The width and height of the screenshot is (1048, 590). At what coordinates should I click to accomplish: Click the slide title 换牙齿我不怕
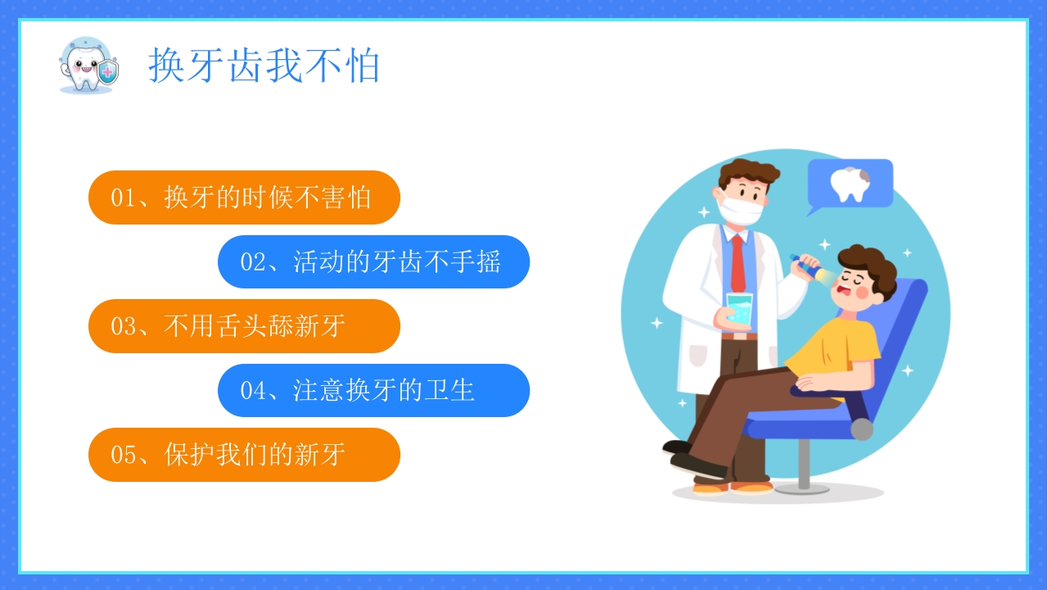click(x=264, y=66)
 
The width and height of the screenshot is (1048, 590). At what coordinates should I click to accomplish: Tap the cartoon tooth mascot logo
click(x=83, y=65)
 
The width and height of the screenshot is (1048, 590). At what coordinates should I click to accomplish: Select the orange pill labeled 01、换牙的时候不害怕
click(x=244, y=197)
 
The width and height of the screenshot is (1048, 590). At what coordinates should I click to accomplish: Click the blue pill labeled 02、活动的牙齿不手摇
click(x=373, y=262)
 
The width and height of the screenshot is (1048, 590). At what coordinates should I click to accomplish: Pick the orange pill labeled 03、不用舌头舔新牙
click(x=244, y=326)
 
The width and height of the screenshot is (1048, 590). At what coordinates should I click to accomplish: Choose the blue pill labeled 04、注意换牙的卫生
click(x=373, y=390)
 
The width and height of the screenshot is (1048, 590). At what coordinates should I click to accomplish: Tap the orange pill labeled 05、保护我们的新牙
click(x=244, y=455)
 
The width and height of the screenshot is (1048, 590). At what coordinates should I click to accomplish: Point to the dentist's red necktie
click(x=739, y=262)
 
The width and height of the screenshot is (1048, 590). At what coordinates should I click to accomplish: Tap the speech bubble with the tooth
click(x=850, y=184)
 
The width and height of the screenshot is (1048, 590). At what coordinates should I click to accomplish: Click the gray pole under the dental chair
click(x=804, y=464)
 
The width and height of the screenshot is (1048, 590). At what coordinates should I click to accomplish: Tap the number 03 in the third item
click(x=123, y=327)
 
